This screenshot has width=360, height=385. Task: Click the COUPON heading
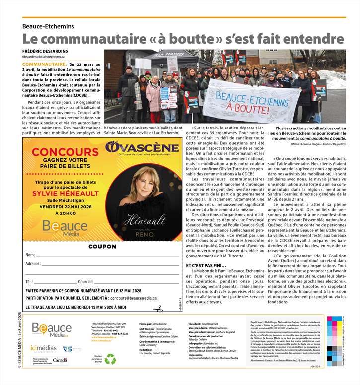coord(102,246)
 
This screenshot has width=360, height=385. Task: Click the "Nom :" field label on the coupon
coord(31,255)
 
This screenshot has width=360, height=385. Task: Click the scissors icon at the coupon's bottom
coord(158,308)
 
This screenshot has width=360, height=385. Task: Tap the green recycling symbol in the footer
coord(110,358)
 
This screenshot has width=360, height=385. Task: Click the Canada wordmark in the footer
coord(60,360)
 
